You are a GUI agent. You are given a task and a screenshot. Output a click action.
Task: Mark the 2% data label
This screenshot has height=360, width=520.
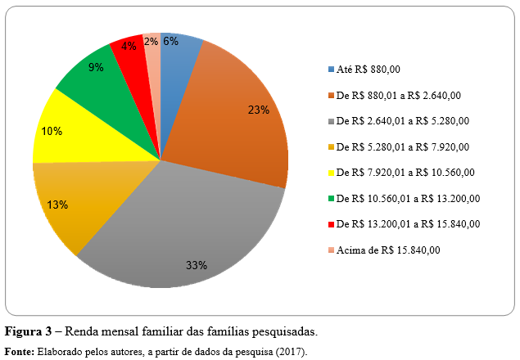[x=151, y=40]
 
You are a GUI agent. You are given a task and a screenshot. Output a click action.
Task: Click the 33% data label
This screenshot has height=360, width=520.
[x=196, y=265]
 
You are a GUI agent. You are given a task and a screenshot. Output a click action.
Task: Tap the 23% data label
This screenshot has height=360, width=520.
[x=259, y=110]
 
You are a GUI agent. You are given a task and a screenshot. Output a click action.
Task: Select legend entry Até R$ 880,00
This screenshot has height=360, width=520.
[x=377, y=70]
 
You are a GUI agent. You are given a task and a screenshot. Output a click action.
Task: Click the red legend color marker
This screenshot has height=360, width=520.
[x=331, y=224]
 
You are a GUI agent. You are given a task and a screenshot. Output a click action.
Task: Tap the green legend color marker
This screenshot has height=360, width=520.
[x=331, y=198]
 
